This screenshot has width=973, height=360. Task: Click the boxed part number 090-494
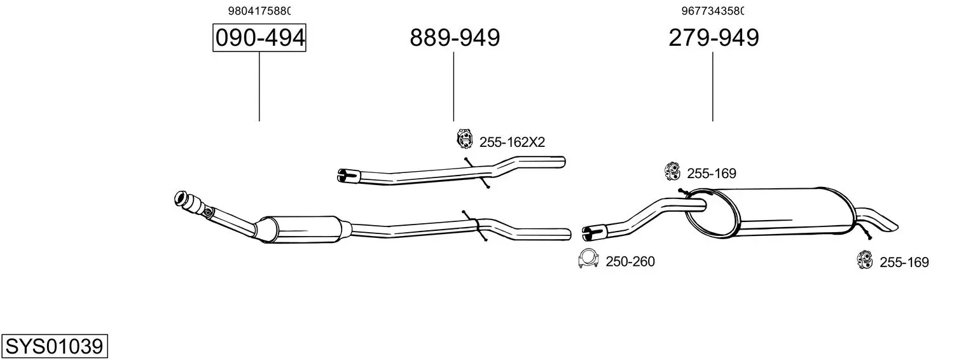259,38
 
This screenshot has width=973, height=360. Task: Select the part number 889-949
455,38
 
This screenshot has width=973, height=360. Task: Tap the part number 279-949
714,38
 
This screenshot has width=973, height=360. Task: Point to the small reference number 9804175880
259,11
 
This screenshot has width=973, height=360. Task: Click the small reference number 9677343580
712,11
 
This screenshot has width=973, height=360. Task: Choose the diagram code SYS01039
55,347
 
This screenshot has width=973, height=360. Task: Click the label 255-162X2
512,142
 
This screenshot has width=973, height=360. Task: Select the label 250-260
630,261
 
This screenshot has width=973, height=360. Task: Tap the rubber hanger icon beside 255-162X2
464,139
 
